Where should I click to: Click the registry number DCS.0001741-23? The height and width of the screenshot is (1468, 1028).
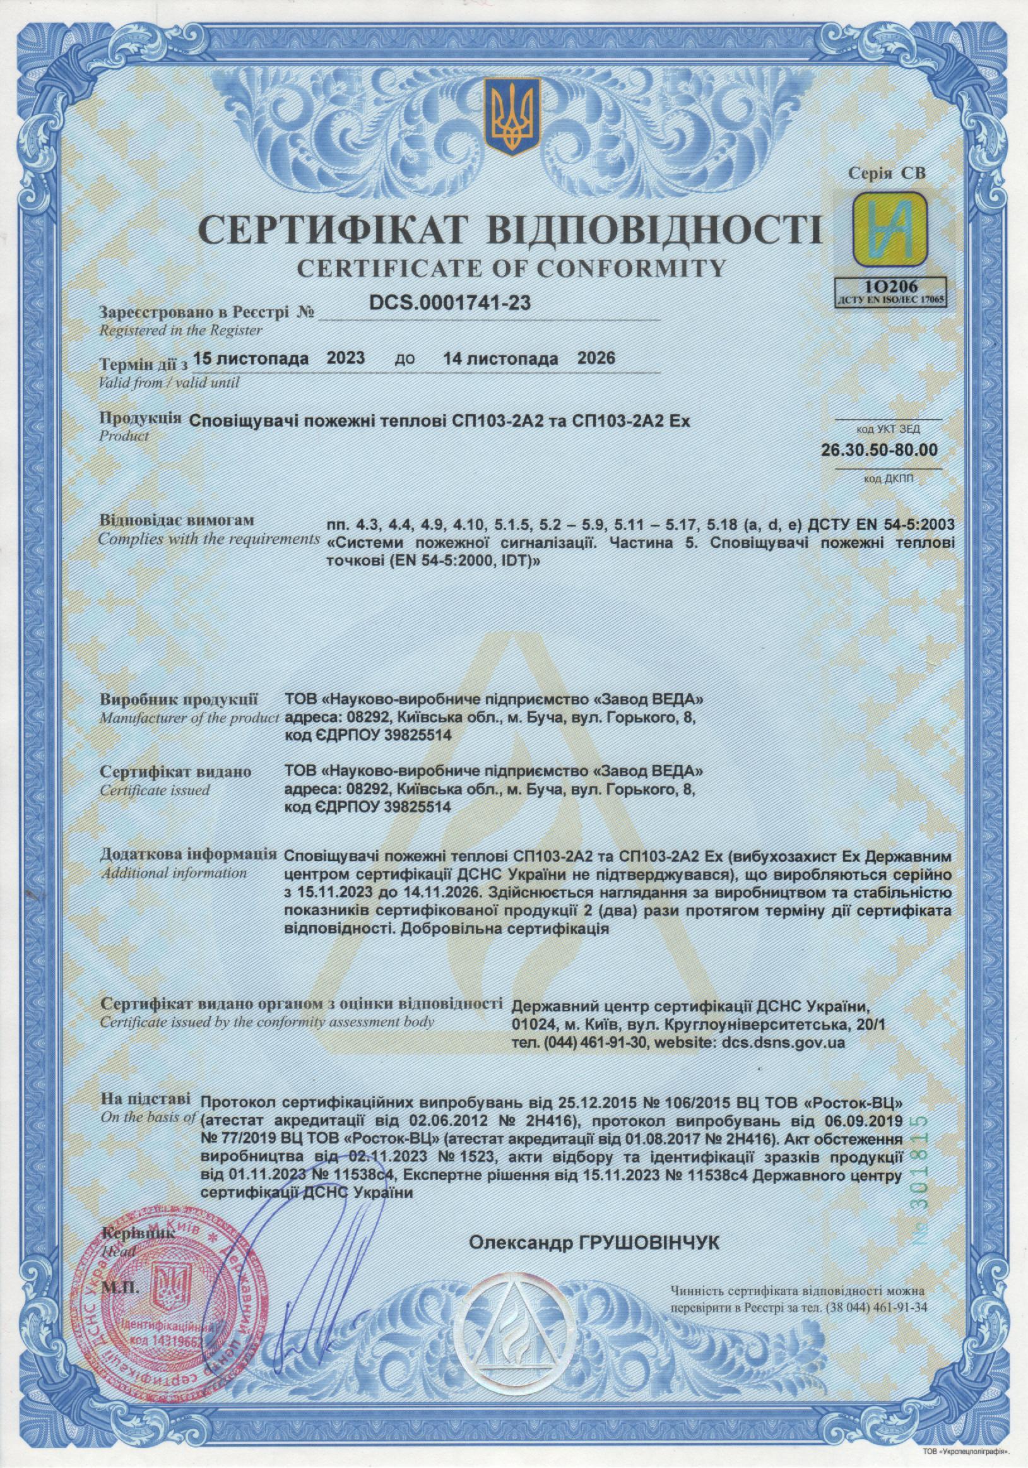click(450, 303)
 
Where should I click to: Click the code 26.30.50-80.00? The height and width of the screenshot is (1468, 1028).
click(879, 449)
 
